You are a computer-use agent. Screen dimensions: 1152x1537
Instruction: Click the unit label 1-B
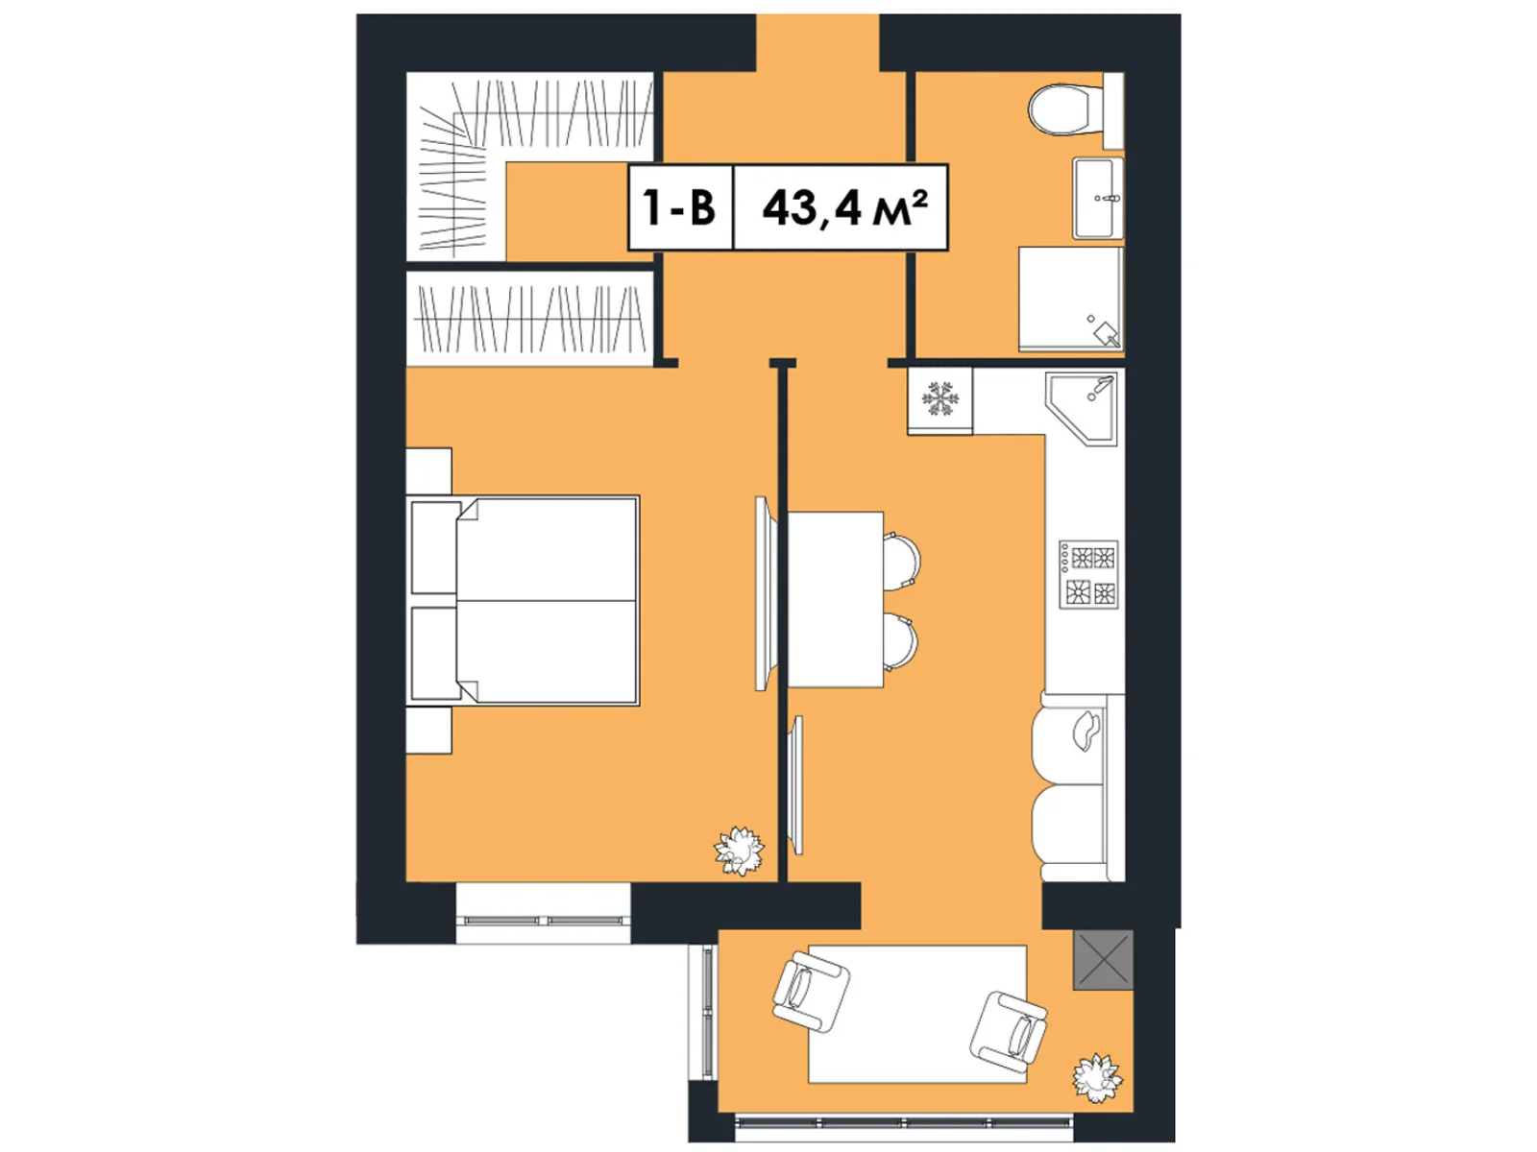coord(680,207)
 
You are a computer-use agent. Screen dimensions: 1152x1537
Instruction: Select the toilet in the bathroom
coord(1064,109)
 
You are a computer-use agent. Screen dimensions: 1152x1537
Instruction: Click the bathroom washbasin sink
coord(1097,198)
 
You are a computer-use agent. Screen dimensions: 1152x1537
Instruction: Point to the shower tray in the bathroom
coord(1070,300)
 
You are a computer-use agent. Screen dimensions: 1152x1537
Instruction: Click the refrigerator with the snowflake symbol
coord(940,399)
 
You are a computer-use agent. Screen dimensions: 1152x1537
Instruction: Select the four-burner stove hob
coord(1089,574)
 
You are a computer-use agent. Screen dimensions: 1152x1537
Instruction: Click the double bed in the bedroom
coord(525,601)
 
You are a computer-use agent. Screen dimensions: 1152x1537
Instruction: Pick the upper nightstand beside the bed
coord(428,471)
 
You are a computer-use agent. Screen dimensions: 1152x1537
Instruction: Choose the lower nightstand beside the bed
coord(428,731)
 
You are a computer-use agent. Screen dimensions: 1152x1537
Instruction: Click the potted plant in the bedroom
coord(739,851)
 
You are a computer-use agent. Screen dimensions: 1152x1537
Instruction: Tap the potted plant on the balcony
coord(1096,1077)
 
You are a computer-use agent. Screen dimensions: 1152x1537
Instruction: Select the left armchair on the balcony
coord(810,992)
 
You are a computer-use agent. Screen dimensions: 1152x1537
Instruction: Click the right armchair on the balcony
coord(1010,1033)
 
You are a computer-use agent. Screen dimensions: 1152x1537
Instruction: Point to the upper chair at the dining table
coord(903,560)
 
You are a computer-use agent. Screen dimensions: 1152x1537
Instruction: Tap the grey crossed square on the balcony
coord(1103,959)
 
